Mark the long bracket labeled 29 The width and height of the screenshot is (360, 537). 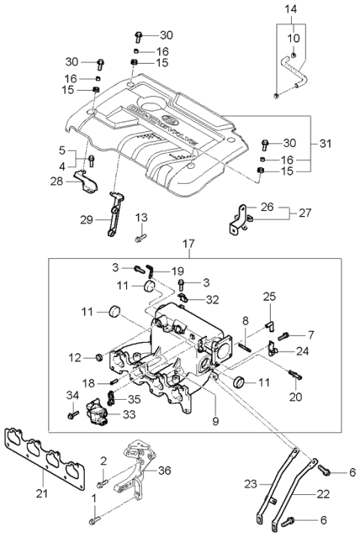coord(115,214)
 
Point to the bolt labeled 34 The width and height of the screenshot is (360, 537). coord(73,413)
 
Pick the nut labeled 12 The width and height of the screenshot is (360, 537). coord(99,357)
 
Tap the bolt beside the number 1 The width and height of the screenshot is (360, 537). coord(93,517)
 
